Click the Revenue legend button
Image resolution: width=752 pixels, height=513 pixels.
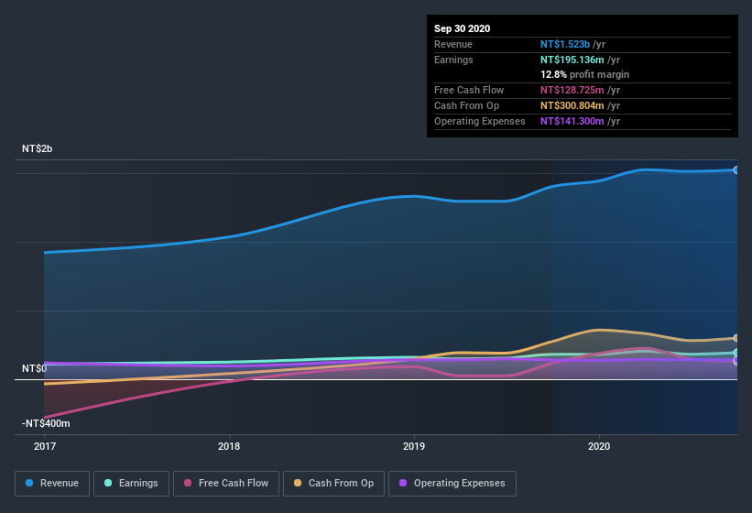pos(52,483)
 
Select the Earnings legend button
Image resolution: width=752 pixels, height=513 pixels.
pos(131,483)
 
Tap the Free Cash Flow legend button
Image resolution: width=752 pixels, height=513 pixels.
pos(226,483)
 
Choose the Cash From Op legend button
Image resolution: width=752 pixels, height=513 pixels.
pos(333,483)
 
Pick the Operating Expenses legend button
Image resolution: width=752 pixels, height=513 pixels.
pos(452,483)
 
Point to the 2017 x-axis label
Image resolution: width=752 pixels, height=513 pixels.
pos(45,446)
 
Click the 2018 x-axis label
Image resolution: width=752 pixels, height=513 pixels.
pos(229,446)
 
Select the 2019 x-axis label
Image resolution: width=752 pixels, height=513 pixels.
pos(414,446)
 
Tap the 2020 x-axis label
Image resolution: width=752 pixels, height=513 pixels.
pos(598,446)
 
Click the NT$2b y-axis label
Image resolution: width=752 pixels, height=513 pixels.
pos(38,148)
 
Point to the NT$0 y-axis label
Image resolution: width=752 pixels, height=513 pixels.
pos(34,368)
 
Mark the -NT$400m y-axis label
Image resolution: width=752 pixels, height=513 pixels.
pos(46,423)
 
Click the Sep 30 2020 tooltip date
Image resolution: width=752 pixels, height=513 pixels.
pos(462,28)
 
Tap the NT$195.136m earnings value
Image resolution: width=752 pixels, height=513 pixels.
pos(572,59)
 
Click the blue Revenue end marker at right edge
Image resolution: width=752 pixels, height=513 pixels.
pos(736,169)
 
